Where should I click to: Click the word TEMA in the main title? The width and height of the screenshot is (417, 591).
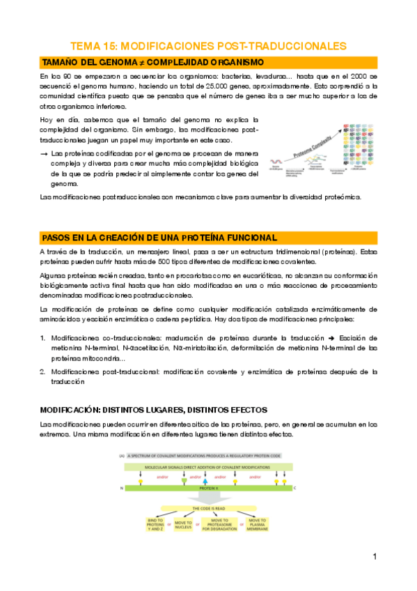[x=87, y=46]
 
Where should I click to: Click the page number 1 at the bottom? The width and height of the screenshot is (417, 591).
[x=375, y=557]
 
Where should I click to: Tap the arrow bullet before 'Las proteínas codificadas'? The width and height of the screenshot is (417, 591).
[x=45, y=153]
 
